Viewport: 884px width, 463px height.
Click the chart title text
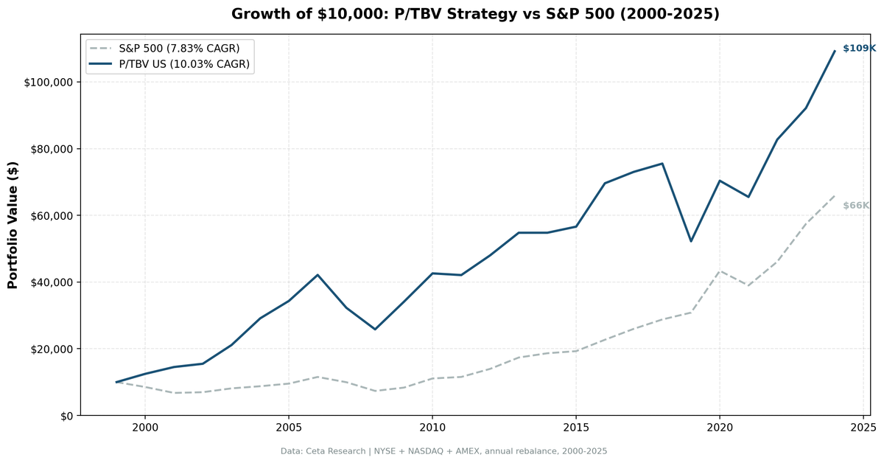pos(475,14)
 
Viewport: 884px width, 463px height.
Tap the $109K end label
pos(859,48)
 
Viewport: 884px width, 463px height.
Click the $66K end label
pos(856,205)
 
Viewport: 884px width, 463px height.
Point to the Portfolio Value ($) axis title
pos(13,225)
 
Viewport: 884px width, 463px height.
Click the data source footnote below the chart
pos(443,451)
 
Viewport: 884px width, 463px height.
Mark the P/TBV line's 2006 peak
pos(318,274)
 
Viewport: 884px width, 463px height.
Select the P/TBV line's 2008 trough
pos(375,329)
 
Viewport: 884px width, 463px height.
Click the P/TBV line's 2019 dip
pos(691,241)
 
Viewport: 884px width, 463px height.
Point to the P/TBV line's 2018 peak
pos(662,163)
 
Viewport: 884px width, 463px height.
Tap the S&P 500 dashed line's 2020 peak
pos(720,271)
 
